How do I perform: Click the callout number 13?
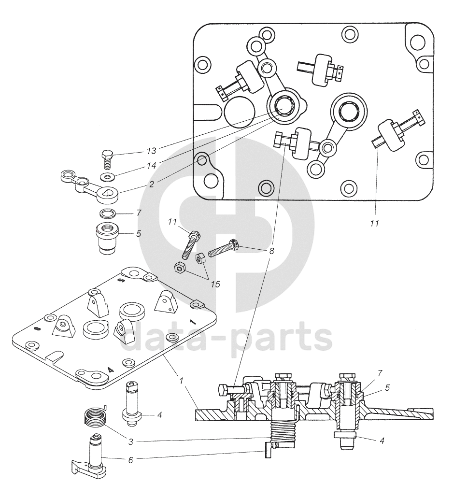pos(152,151)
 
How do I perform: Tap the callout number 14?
pos(152,166)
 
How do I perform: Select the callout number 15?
pos(215,284)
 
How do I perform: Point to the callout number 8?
pos(271,251)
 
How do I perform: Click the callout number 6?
pos(130,460)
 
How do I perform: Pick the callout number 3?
pos(130,441)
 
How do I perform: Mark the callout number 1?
pos(181,381)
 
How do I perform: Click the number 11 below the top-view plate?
pos(375,223)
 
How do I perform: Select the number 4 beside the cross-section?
pos(382,441)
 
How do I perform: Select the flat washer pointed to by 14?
pos(106,176)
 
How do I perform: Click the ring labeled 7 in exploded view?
pos(107,213)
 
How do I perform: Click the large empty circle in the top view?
pos(239,112)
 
